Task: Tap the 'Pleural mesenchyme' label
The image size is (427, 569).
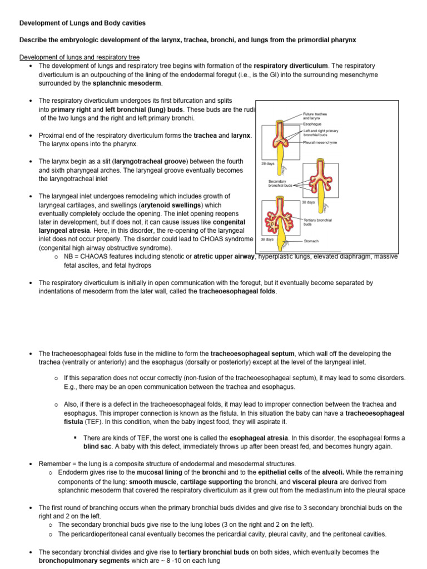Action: click(x=321, y=142)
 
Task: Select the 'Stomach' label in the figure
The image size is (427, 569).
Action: click(x=311, y=241)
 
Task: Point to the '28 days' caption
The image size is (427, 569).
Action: click(x=267, y=164)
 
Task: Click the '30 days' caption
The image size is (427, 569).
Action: click(x=308, y=202)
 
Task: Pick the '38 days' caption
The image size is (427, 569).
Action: click(x=267, y=239)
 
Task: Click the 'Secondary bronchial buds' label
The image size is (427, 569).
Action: click(x=277, y=183)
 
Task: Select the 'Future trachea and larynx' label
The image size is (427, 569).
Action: click(x=315, y=116)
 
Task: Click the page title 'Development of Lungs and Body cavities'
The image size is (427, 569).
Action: click(x=83, y=23)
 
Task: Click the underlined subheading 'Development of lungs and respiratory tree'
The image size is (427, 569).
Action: click(x=80, y=57)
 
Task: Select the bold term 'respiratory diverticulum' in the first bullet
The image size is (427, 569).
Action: click(x=291, y=66)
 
